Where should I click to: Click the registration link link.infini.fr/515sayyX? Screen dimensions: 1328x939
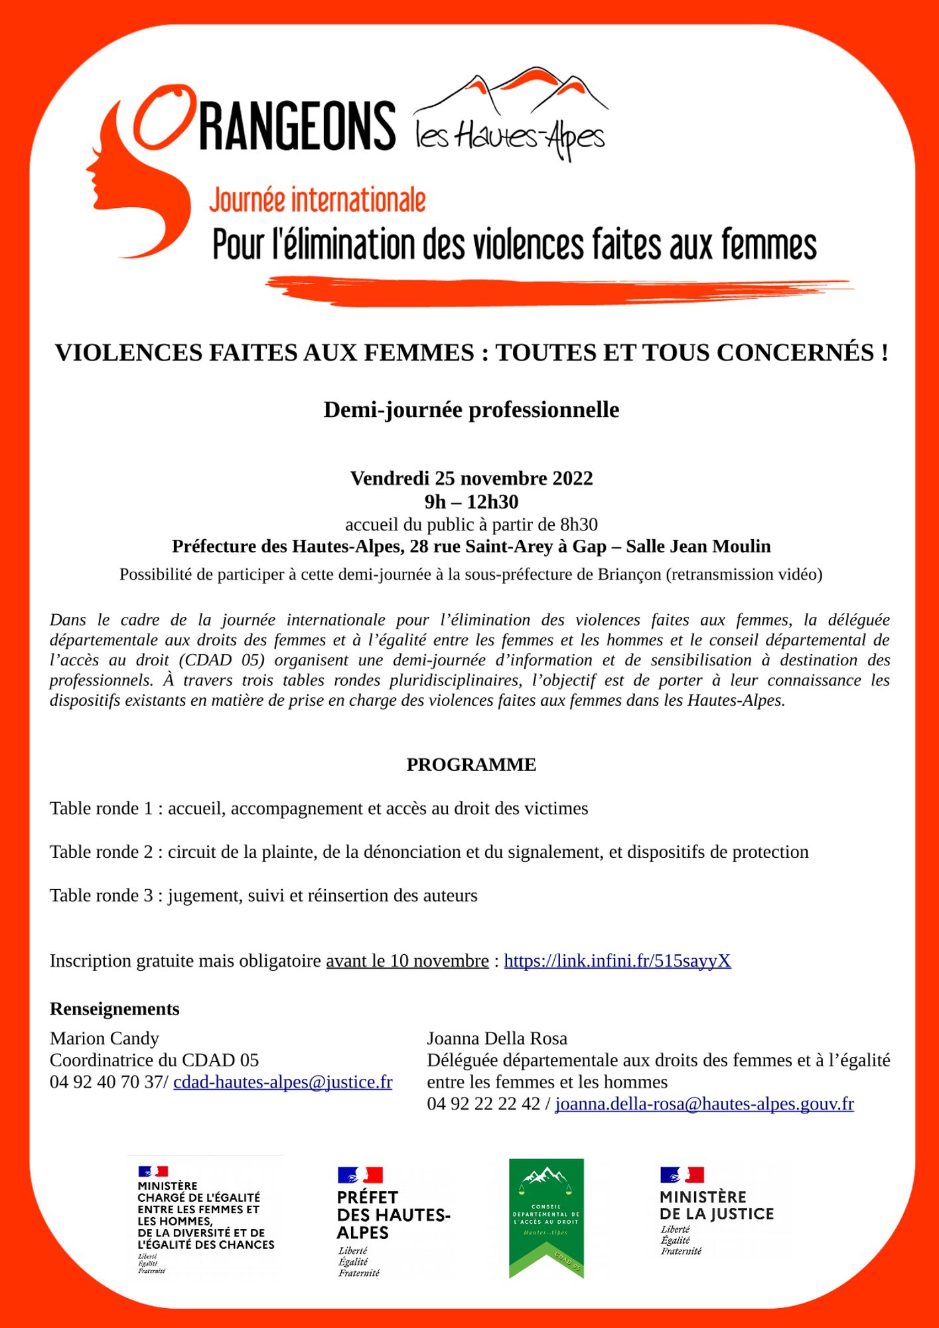pyautogui.click(x=617, y=961)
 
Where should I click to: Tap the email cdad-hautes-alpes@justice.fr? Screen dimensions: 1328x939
pyautogui.click(x=283, y=1082)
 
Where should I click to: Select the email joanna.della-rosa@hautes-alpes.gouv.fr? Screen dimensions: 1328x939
pyautogui.click(x=704, y=1104)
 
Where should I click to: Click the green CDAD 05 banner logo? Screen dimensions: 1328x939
pyautogui.click(x=546, y=1218)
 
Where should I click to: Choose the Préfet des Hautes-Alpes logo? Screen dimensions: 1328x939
pyautogui.click(x=393, y=1221)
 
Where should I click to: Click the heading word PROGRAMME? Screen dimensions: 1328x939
pyautogui.click(x=471, y=765)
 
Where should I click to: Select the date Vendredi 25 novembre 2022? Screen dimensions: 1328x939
pyautogui.click(x=471, y=478)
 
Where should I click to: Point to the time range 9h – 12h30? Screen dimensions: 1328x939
pyautogui.click(x=471, y=501)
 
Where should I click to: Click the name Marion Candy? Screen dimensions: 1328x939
pyautogui.click(x=104, y=1038)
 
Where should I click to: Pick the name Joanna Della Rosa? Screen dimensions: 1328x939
pyautogui.click(x=497, y=1038)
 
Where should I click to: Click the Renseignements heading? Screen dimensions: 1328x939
pyautogui.click(x=114, y=1009)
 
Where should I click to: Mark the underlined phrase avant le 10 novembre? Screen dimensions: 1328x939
pyautogui.click(x=407, y=961)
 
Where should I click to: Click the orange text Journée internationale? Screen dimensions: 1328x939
pyautogui.click(x=317, y=201)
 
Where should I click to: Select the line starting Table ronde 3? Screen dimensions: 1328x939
pyautogui.click(x=263, y=895)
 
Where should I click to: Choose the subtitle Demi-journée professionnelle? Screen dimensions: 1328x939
pyautogui.click(x=471, y=410)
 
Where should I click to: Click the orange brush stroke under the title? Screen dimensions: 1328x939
pyautogui.click(x=557, y=290)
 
